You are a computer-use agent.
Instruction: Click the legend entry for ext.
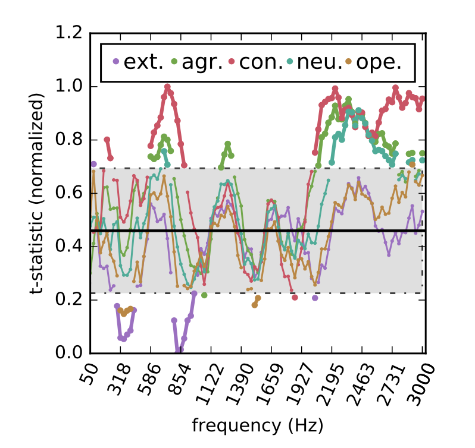click(137, 62)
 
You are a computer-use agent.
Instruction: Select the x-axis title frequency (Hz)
click(257, 425)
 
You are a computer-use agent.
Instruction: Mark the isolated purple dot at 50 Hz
click(93, 164)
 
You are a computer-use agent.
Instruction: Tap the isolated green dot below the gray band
click(204, 295)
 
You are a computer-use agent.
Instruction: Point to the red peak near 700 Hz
click(167, 87)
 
